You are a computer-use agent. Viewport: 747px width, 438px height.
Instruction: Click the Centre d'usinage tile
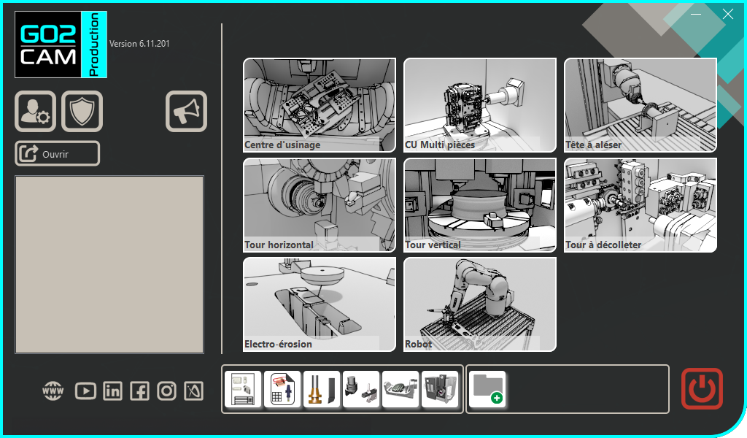(x=319, y=104)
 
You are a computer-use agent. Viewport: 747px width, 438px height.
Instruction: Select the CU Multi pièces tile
(x=479, y=104)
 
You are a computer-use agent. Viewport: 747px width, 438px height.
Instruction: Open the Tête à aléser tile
(x=640, y=104)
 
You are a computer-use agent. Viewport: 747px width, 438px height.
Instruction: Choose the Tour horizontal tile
(x=319, y=204)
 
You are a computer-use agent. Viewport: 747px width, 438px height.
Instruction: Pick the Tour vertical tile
(x=479, y=204)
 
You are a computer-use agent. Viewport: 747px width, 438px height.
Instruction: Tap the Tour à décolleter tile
(x=640, y=204)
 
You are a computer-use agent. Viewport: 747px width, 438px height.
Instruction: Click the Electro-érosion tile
(x=319, y=304)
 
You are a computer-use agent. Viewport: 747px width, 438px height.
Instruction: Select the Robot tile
(x=479, y=304)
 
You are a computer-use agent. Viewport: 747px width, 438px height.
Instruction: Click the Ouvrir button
(x=57, y=153)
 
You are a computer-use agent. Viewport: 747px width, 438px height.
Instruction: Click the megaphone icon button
(x=186, y=111)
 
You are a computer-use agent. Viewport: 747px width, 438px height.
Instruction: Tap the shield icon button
(x=82, y=111)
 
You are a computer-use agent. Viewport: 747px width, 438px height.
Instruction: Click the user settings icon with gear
(x=35, y=111)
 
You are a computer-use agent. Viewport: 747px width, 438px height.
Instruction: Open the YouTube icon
(x=85, y=391)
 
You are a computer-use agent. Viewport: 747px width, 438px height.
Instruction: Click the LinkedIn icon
(x=112, y=391)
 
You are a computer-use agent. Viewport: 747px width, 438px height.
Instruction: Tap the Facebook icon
(x=139, y=391)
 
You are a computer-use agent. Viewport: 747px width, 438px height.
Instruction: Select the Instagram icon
(x=167, y=391)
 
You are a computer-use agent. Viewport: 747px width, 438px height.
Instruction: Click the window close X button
(x=727, y=14)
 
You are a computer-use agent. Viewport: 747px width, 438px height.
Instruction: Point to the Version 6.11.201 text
(x=139, y=44)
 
